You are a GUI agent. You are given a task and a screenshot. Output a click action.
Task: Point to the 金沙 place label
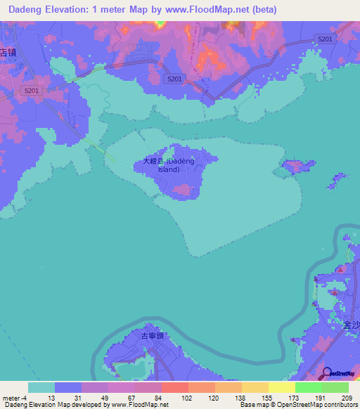[x=351, y=325]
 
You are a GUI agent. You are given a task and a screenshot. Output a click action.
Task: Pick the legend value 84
[x=161, y=397]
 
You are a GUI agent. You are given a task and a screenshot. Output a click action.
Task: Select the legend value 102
[x=188, y=397]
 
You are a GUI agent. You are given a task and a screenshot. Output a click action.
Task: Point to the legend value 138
[x=241, y=397]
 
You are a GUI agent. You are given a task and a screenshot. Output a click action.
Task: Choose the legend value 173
[x=295, y=397]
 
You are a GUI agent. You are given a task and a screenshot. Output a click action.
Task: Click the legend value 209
[x=347, y=397]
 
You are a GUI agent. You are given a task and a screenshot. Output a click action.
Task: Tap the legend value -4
[x=25, y=397]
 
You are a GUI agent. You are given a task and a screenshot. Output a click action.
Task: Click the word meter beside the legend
[x=11, y=397]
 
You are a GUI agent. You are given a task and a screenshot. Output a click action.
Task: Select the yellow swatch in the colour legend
[x=281, y=387]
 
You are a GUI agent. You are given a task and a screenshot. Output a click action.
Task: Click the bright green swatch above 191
[x=308, y=387]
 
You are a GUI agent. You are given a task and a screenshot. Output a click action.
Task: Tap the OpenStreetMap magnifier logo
[x=326, y=372]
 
